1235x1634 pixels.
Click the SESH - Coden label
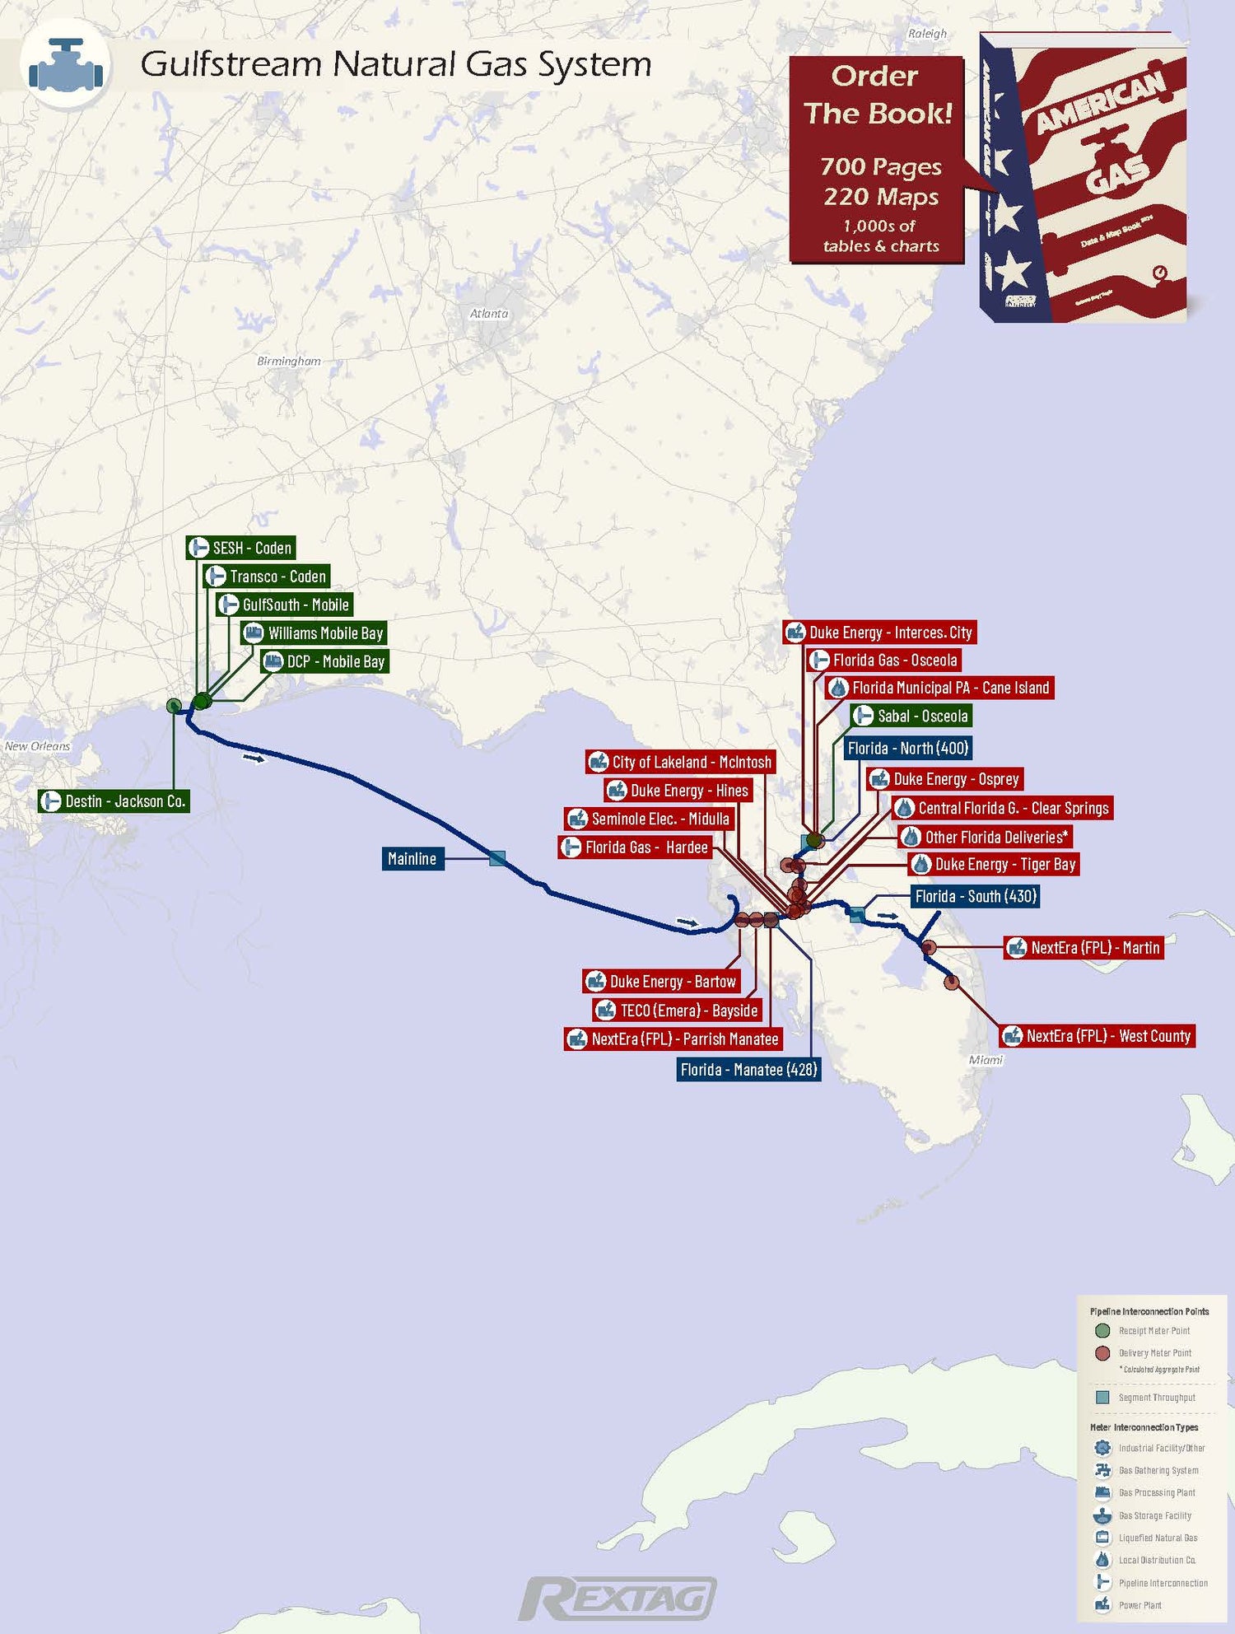240,548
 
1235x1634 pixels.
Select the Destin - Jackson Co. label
114,801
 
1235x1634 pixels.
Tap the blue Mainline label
412,859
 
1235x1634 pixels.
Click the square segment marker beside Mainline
497,858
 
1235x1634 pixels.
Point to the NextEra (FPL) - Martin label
1084,948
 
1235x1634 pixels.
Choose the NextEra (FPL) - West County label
1098,1036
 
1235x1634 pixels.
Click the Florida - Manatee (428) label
748,1070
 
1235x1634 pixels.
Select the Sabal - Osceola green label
911,716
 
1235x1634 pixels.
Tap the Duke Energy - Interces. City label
879,633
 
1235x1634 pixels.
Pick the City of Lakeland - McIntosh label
681,763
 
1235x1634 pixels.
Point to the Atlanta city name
489,314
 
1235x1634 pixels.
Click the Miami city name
986,1060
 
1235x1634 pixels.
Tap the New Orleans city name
37,746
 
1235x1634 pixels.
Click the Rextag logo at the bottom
617,1599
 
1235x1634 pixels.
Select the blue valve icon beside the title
66,64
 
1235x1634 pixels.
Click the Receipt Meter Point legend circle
1102,1331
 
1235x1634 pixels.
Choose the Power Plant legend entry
1139,1605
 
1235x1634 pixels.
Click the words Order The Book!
877,95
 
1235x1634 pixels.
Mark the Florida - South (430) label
975,896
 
